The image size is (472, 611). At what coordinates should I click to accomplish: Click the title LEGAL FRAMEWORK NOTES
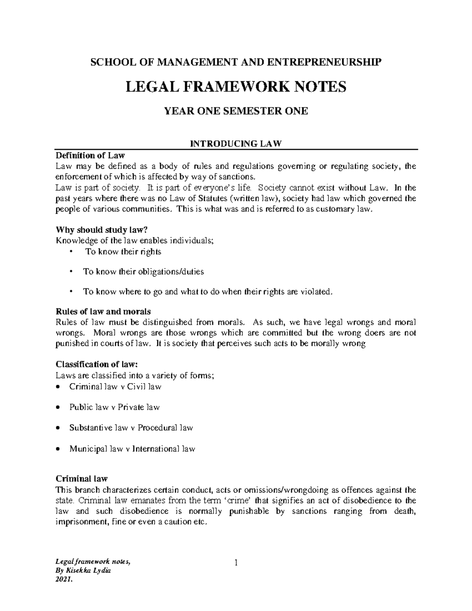click(236, 87)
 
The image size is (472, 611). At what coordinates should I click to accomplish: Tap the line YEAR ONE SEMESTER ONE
click(236, 111)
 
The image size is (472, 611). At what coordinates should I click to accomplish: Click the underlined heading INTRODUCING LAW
click(236, 144)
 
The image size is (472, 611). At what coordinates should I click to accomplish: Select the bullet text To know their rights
click(123, 252)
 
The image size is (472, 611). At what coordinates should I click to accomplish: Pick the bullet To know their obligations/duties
click(143, 272)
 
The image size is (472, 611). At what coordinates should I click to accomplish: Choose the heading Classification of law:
click(97, 364)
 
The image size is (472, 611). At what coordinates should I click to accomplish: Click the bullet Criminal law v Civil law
click(115, 387)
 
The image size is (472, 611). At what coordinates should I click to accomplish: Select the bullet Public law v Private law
click(114, 407)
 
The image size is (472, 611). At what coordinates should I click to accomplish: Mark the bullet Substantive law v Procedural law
click(131, 428)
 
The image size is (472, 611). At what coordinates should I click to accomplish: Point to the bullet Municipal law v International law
click(132, 449)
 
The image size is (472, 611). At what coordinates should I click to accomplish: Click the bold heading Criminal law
click(81, 479)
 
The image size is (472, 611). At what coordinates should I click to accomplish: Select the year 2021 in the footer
click(64, 591)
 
